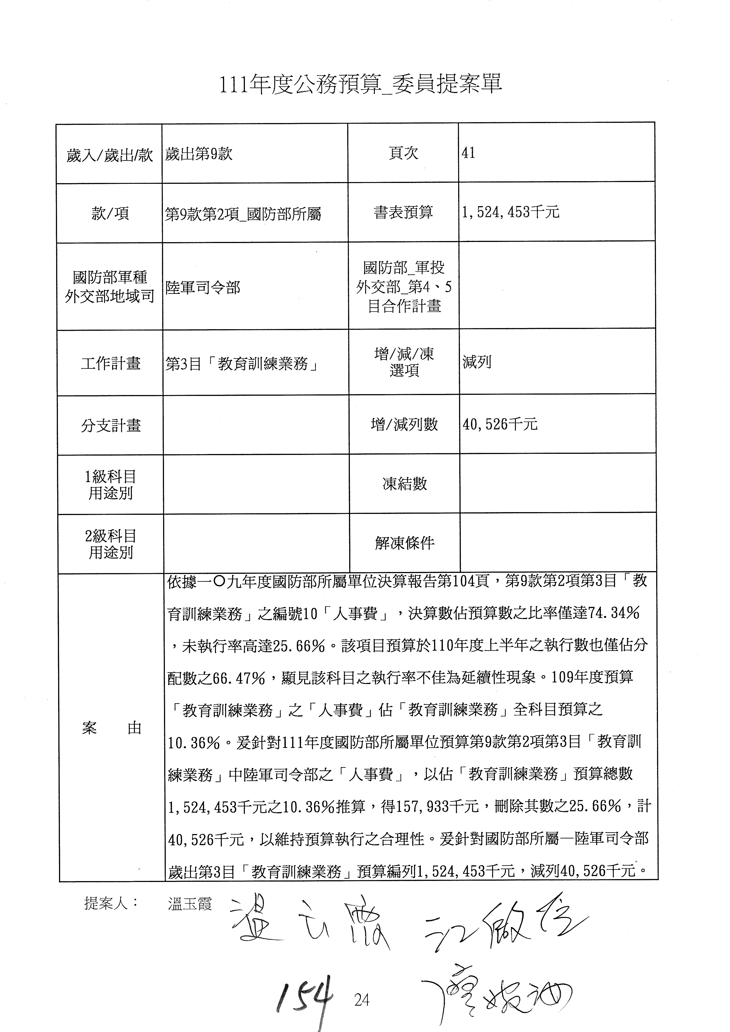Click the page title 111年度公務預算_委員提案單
pos(360,84)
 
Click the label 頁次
pos(403,153)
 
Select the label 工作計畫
pos(111,363)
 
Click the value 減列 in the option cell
pos(477,362)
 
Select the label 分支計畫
pos(111,425)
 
